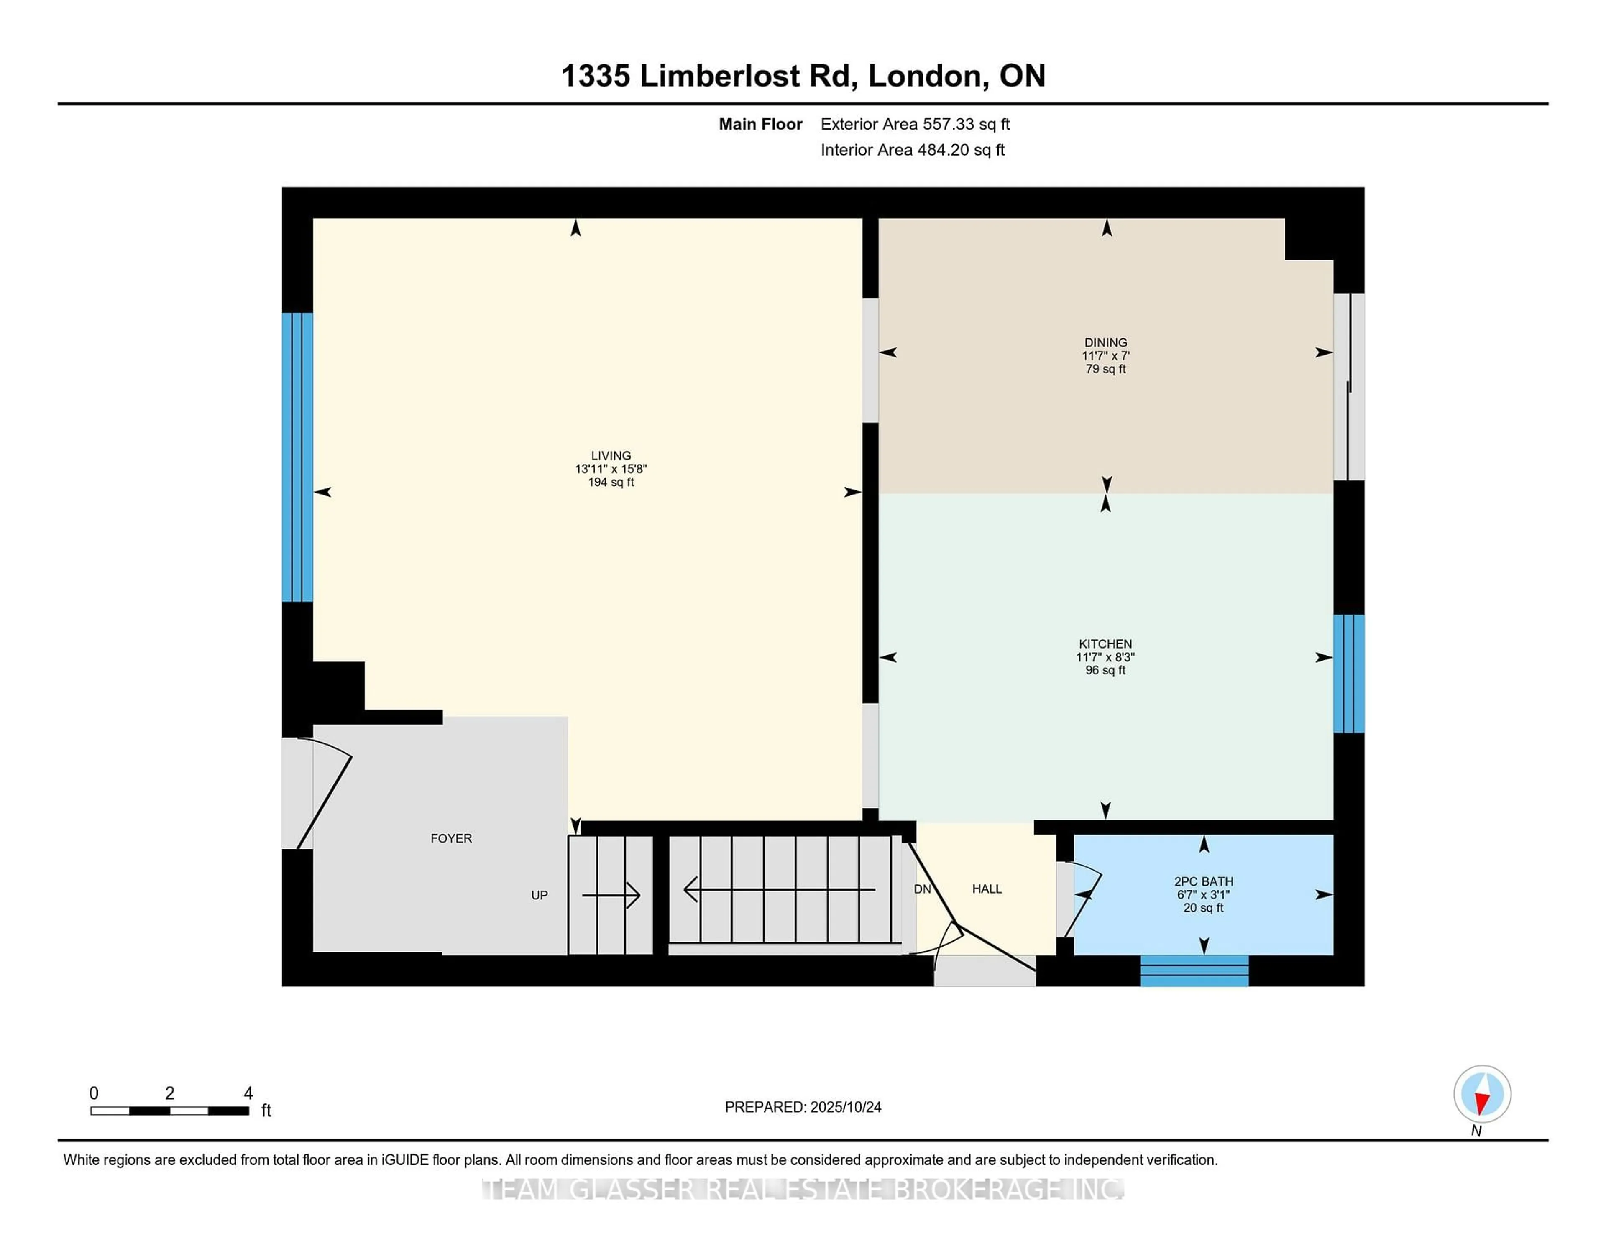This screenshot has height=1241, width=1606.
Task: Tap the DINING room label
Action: tap(1105, 342)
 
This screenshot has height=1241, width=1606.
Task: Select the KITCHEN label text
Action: tap(1105, 644)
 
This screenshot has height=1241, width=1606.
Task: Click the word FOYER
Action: tap(451, 838)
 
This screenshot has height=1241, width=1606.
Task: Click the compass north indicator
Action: tap(1482, 1094)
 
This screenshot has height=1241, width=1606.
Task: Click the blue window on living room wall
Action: tap(297, 457)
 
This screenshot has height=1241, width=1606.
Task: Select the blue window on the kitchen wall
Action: tap(1349, 674)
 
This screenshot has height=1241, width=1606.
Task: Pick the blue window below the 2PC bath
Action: tap(1194, 970)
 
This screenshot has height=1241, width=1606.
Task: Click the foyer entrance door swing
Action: tap(324, 794)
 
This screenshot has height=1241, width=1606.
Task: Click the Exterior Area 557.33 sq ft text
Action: tap(915, 124)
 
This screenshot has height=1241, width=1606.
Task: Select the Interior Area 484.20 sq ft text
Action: tap(912, 150)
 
